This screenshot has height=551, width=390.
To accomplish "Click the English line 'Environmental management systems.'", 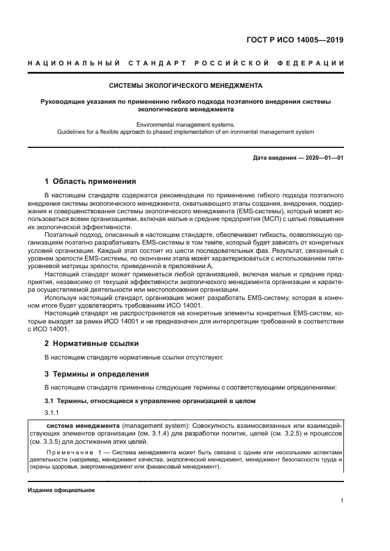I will (186, 124).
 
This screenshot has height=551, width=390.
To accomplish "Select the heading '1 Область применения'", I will (90, 182).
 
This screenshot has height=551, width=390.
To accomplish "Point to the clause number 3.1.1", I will (53, 413).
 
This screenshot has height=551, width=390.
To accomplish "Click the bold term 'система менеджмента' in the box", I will (83, 425).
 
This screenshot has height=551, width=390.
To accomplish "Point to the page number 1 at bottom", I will (342, 501).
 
